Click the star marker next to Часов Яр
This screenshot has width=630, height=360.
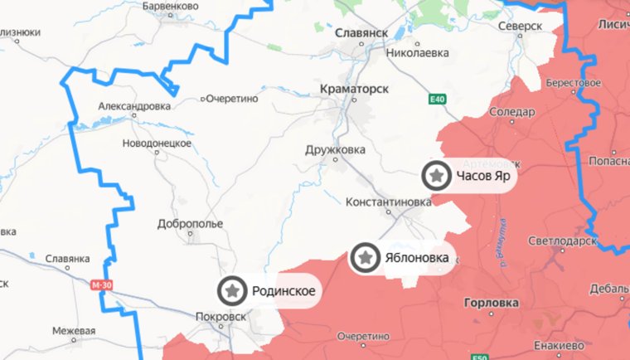click(435, 176)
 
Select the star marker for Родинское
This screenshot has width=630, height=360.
click(233, 290)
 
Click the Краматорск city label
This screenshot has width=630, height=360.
click(354, 86)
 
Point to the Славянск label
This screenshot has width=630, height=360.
click(362, 32)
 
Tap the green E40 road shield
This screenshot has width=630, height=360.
click(437, 100)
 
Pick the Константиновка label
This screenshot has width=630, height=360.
click(388, 202)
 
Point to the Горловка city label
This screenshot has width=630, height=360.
click(492, 303)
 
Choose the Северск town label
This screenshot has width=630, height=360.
click(521, 27)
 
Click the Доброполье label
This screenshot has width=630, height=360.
click(190, 224)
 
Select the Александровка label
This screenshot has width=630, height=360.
click(134, 106)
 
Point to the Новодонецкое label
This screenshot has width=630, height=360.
click(157, 143)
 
